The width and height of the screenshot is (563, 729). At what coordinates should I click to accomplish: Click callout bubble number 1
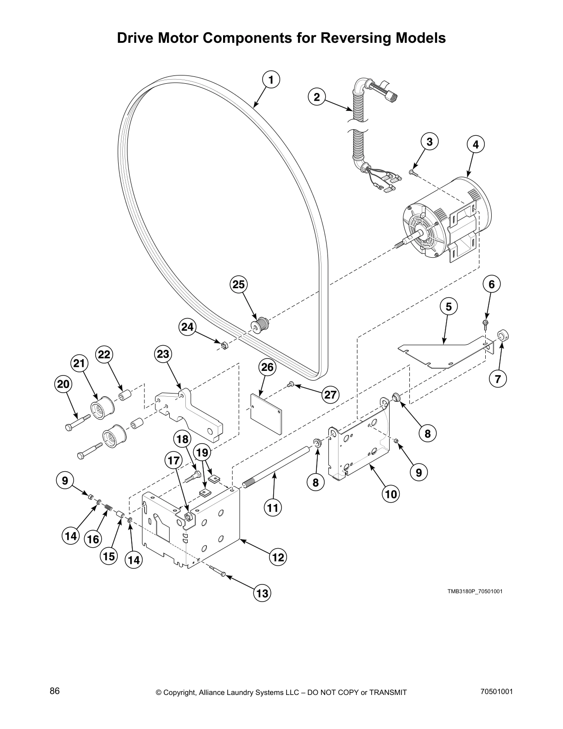click(x=271, y=80)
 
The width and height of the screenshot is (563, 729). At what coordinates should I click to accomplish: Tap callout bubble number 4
click(x=476, y=145)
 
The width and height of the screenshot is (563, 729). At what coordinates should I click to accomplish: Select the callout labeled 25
click(x=239, y=285)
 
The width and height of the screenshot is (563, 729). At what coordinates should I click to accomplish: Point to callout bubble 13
click(x=262, y=593)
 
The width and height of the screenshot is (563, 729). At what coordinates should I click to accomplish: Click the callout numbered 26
click(x=267, y=367)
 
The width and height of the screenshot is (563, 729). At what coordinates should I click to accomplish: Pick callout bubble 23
click(x=163, y=354)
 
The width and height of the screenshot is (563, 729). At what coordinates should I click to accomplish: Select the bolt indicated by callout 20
click(x=76, y=422)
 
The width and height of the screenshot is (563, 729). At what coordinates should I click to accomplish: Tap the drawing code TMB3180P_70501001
click(x=475, y=591)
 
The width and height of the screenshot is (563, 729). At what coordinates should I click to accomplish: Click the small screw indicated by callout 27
click(x=291, y=384)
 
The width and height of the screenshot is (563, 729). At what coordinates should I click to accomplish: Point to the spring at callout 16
click(x=109, y=508)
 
